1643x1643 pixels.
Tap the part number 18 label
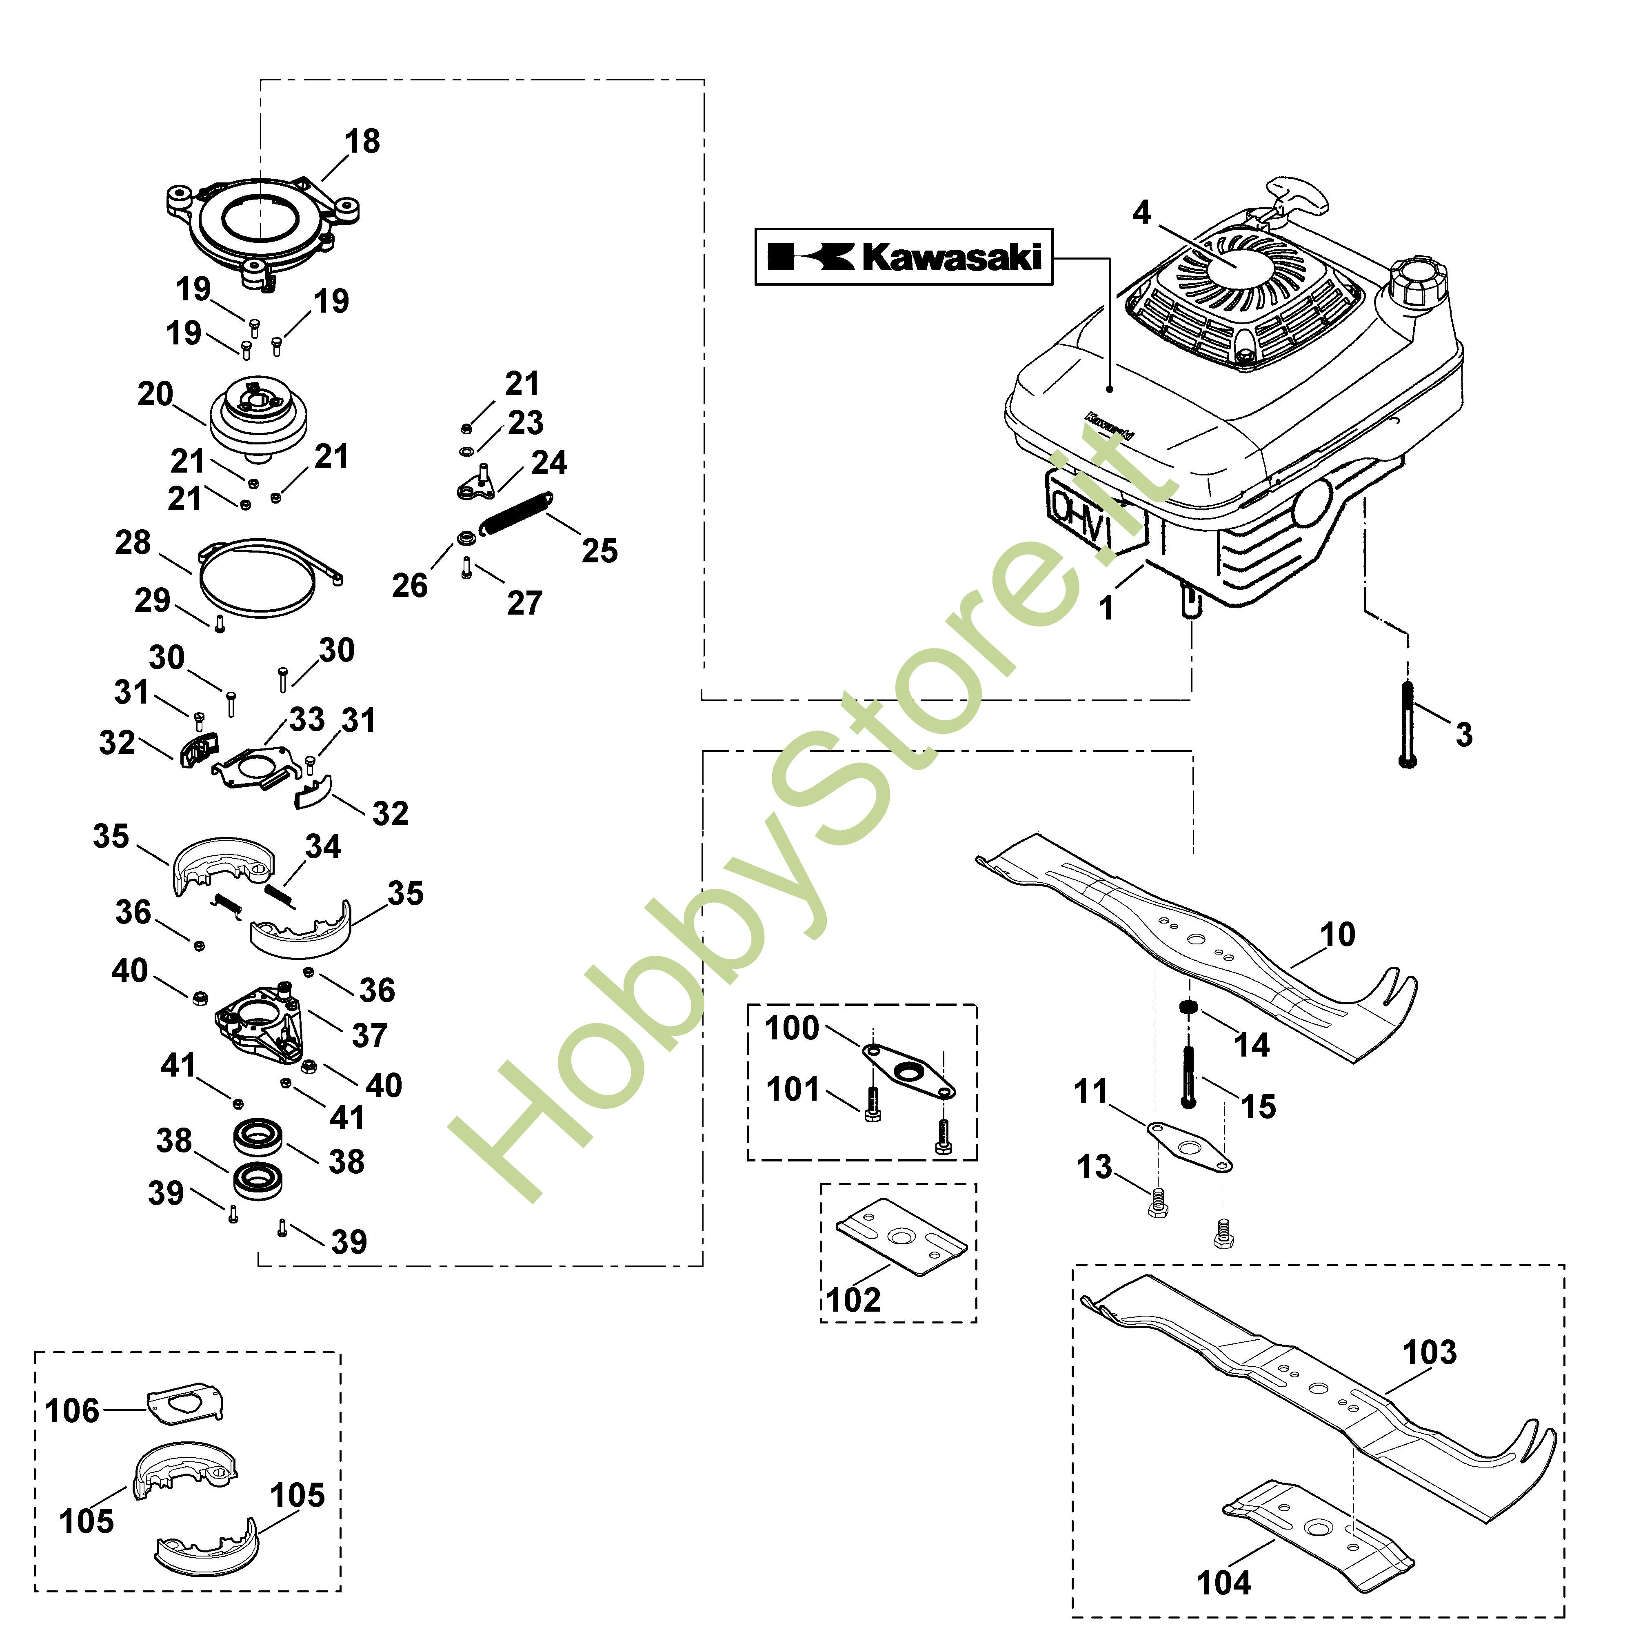point(362,141)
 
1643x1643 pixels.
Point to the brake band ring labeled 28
point(264,576)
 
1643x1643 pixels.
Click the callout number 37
point(369,1036)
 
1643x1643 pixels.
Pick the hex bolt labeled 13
point(1156,1205)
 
